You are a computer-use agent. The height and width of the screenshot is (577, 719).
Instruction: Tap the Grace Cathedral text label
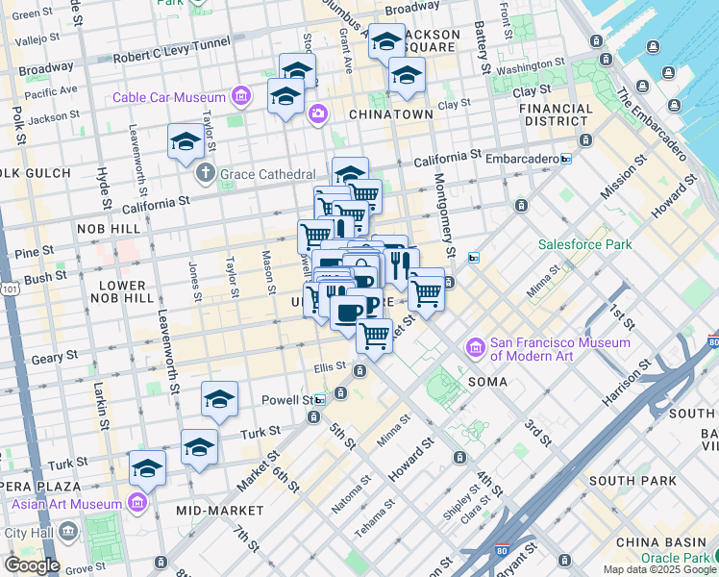[268, 174]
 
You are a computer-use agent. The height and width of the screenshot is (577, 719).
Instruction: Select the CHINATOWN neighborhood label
[390, 113]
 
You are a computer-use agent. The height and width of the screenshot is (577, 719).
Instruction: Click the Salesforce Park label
[584, 244]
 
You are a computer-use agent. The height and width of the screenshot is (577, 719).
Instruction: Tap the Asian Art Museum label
[66, 504]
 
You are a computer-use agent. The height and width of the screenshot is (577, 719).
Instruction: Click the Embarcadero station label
[519, 159]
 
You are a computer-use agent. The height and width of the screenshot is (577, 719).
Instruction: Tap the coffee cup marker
[349, 311]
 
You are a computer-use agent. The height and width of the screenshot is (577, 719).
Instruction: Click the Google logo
[31, 564]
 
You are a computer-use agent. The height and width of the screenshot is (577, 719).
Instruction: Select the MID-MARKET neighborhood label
[220, 509]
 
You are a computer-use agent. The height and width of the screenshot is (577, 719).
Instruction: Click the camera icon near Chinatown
[317, 114]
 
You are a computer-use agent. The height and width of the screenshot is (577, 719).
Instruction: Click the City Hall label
[31, 532]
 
